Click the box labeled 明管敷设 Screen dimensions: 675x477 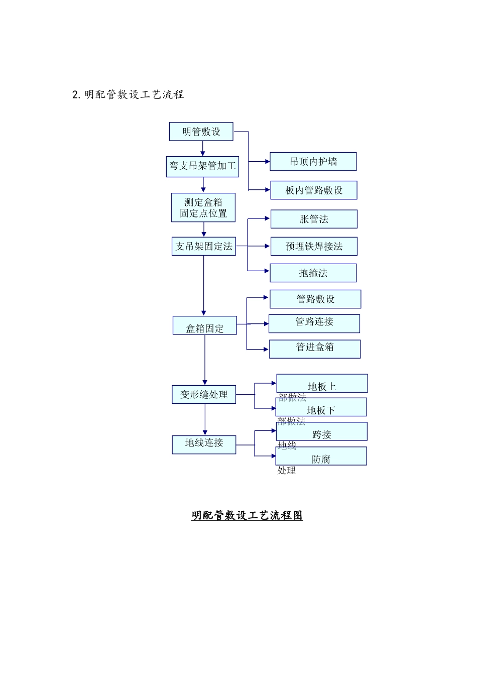pyautogui.click(x=201, y=132)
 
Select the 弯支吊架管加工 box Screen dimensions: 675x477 pyautogui.click(x=202, y=166)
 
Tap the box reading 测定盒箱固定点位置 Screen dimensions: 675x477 pyautogui.click(x=203, y=207)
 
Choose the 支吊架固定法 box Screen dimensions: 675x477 pyautogui.click(x=203, y=246)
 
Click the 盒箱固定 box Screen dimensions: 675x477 pyautogui.click(x=204, y=325)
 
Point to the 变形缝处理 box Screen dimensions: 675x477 pyautogui.click(x=204, y=394)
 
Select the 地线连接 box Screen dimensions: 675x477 pyautogui.click(x=204, y=444)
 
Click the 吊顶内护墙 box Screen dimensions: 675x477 pyautogui.click(x=313, y=161)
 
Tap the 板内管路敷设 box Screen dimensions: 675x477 pyautogui.click(x=314, y=190)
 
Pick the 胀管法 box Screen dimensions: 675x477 pyautogui.click(x=314, y=219)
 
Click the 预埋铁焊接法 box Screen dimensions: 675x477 pyautogui.click(x=314, y=246)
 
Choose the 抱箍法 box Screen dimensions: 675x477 pyautogui.click(x=313, y=273)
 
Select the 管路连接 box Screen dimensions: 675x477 pyautogui.click(x=314, y=323)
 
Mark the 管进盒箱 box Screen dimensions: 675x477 pyautogui.click(x=314, y=349)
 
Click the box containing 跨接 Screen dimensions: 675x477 pyautogui.click(x=321, y=432)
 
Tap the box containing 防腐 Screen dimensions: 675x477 pyautogui.click(x=321, y=456)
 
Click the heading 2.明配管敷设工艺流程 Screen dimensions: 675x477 pyautogui.click(x=128, y=94)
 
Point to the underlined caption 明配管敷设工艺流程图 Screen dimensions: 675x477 pyautogui.click(x=247, y=515)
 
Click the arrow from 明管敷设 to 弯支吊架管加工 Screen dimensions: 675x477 pyautogui.click(x=203, y=149)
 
